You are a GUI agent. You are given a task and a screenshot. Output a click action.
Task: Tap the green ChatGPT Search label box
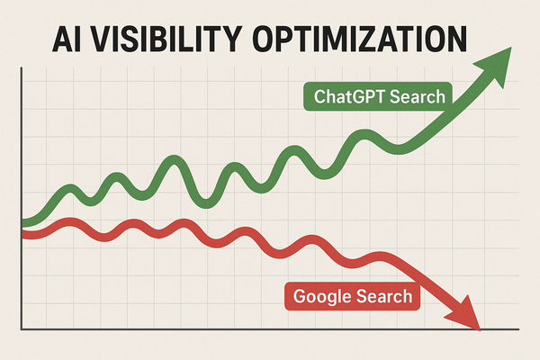378,96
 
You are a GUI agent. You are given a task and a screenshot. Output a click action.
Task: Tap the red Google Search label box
352,296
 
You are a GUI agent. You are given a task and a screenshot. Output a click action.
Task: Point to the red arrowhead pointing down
465,317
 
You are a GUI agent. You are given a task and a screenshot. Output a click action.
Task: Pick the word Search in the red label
384,296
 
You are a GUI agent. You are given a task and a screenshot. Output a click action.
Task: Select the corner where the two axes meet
19,330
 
